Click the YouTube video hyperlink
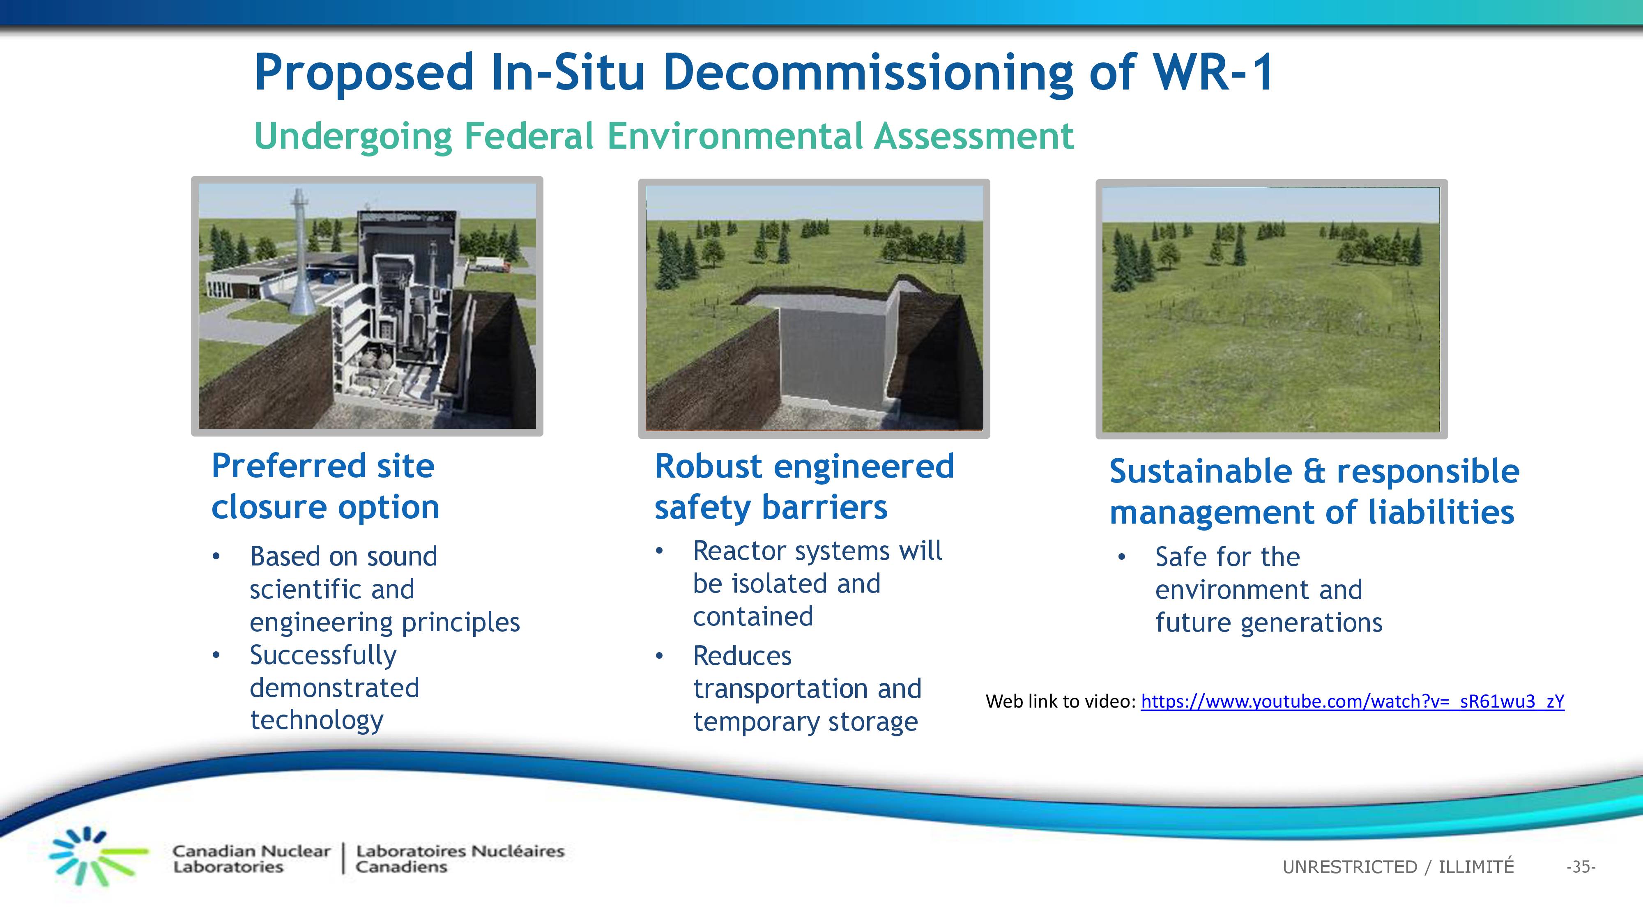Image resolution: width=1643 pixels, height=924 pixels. click(x=1352, y=701)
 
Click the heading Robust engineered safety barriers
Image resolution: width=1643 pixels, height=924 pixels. click(x=804, y=487)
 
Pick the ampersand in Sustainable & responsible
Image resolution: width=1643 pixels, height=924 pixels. click(x=1314, y=471)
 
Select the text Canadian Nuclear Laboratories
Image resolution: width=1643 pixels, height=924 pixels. click(x=251, y=859)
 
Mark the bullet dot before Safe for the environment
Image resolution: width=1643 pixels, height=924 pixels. click(x=1122, y=557)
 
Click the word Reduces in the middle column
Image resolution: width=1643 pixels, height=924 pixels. click(x=742, y=655)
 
